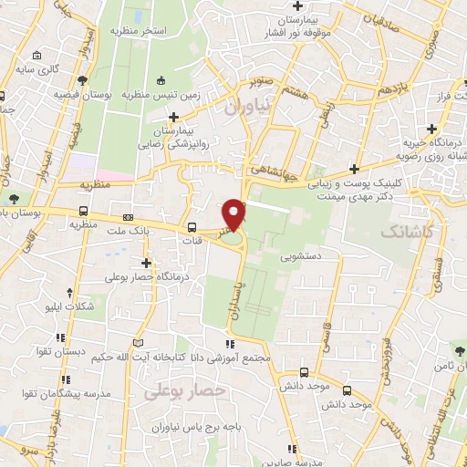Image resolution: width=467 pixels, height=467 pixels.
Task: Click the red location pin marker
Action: pyautogui.click(x=235, y=214)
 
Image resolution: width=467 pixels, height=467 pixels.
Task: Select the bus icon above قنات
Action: pyautogui.click(x=192, y=228)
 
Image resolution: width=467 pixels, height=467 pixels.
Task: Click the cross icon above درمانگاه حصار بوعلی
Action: pyautogui.click(x=145, y=263)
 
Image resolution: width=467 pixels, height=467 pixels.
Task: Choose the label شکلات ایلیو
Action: pyautogui.click(x=68, y=307)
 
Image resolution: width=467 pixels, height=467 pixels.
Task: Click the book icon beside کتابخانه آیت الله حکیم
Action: pyautogui.click(x=138, y=342)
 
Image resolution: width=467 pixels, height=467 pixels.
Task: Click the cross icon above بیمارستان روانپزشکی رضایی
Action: pyautogui.click(x=173, y=117)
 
